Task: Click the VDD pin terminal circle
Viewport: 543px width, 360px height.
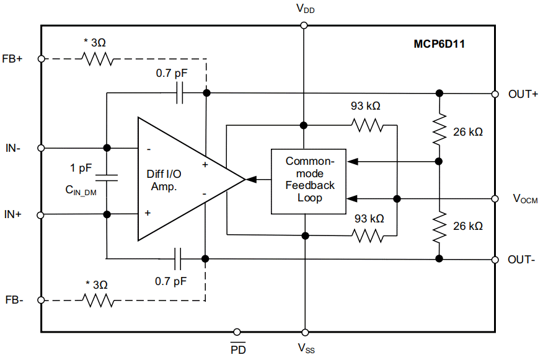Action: [304, 25]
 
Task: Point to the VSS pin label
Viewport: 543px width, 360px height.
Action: [306, 348]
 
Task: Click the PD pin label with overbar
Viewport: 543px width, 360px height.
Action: [238, 349]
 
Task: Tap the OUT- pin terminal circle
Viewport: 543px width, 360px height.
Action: [495, 259]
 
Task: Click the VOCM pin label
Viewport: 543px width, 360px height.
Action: [525, 199]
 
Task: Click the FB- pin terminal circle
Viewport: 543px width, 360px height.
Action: [42, 301]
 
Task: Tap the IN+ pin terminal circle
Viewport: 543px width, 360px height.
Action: [42, 214]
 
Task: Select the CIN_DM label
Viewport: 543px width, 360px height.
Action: [81, 191]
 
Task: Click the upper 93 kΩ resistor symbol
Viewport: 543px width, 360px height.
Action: [368, 125]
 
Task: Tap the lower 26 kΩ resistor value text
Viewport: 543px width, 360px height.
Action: [467, 227]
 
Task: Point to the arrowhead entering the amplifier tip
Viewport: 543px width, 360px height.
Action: [251, 180]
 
